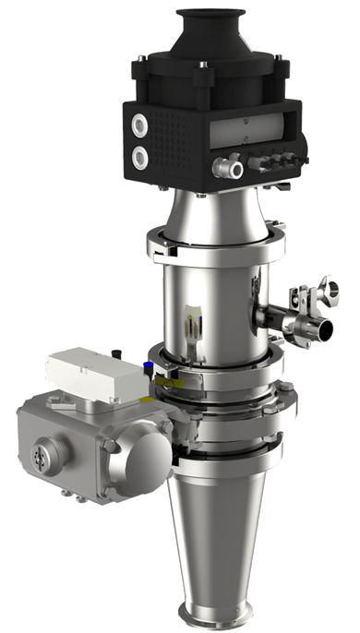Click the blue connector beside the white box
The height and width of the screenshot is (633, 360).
147,368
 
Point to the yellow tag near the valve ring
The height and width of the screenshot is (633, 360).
166,380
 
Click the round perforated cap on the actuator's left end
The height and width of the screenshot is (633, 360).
39,455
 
